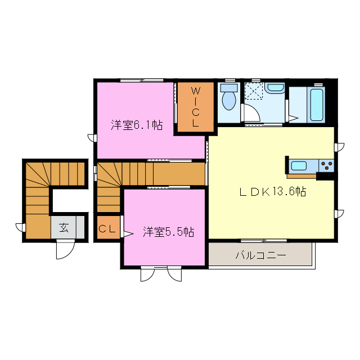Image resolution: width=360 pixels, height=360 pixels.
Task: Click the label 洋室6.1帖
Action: pyautogui.click(x=137, y=125)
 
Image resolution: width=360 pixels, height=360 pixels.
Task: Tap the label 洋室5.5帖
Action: pyautogui.click(x=168, y=231)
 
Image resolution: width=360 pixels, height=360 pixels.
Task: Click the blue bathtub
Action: pyautogui.click(x=317, y=105)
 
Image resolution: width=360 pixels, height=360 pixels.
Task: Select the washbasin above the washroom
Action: pyautogui.click(x=276, y=88)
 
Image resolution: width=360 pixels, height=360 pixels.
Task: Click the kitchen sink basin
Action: pyautogui.click(x=299, y=165)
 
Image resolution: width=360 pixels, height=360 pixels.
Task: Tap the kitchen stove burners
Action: pyautogui.click(x=326, y=165)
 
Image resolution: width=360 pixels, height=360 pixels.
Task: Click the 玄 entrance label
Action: pyautogui.click(x=64, y=228)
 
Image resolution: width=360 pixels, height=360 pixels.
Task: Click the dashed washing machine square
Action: pyautogui.click(x=254, y=91)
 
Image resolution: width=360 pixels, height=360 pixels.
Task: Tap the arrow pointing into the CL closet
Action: pyautogui.click(x=127, y=232)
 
